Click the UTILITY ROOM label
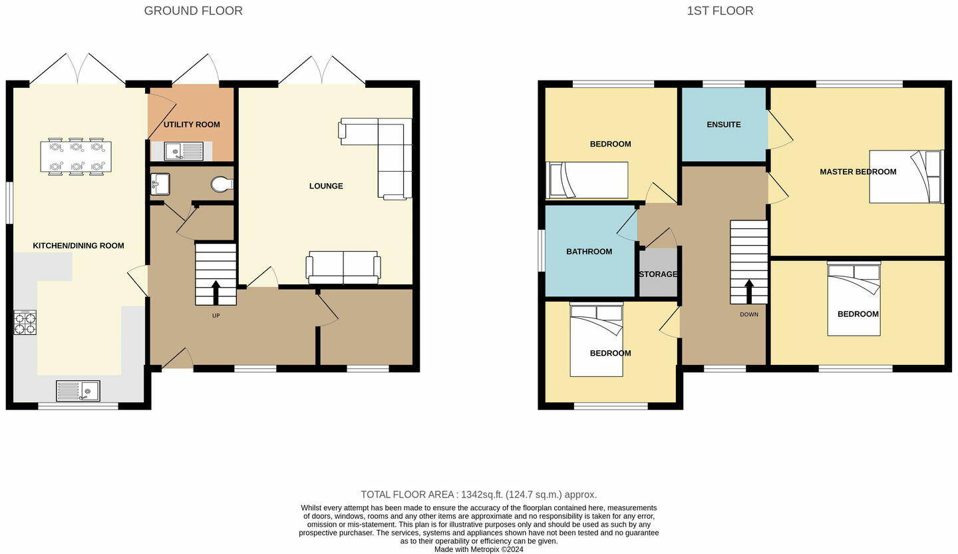click(192, 125)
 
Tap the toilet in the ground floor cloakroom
click(222, 184)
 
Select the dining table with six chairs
click(76, 156)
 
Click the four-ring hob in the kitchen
click(25, 323)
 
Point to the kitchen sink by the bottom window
click(78, 391)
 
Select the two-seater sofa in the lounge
click(343, 268)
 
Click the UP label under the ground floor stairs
click(216, 316)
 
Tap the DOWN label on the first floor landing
click(749, 314)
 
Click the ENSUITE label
click(724, 125)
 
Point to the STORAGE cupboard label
click(658, 274)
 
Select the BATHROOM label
click(589, 252)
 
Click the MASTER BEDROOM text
click(858, 172)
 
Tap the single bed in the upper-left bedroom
click(587, 180)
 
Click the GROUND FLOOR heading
click(194, 11)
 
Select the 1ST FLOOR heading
click(720, 11)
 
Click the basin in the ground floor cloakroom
click(160, 184)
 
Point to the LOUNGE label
click(326, 186)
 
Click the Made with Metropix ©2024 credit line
click(479, 549)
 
